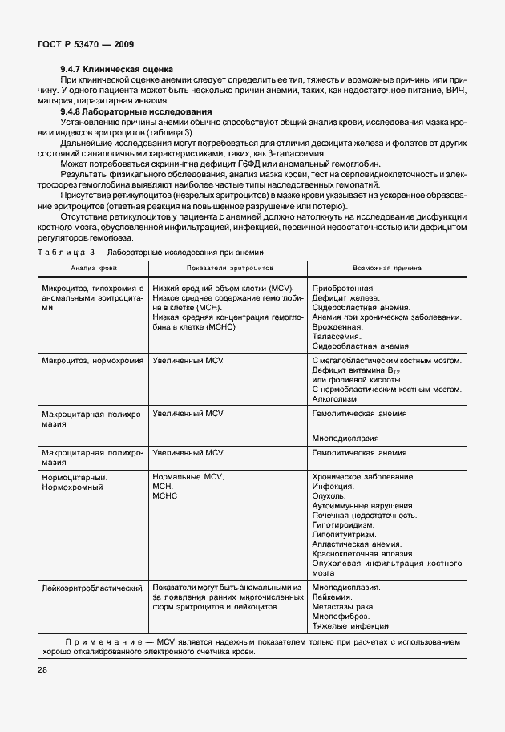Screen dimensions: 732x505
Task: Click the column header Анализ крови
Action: (x=92, y=268)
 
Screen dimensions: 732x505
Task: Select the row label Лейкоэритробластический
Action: (x=91, y=588)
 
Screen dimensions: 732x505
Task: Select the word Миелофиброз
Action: (x=340, y=617)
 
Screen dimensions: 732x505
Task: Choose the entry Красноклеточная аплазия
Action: (x=362, y=554)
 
